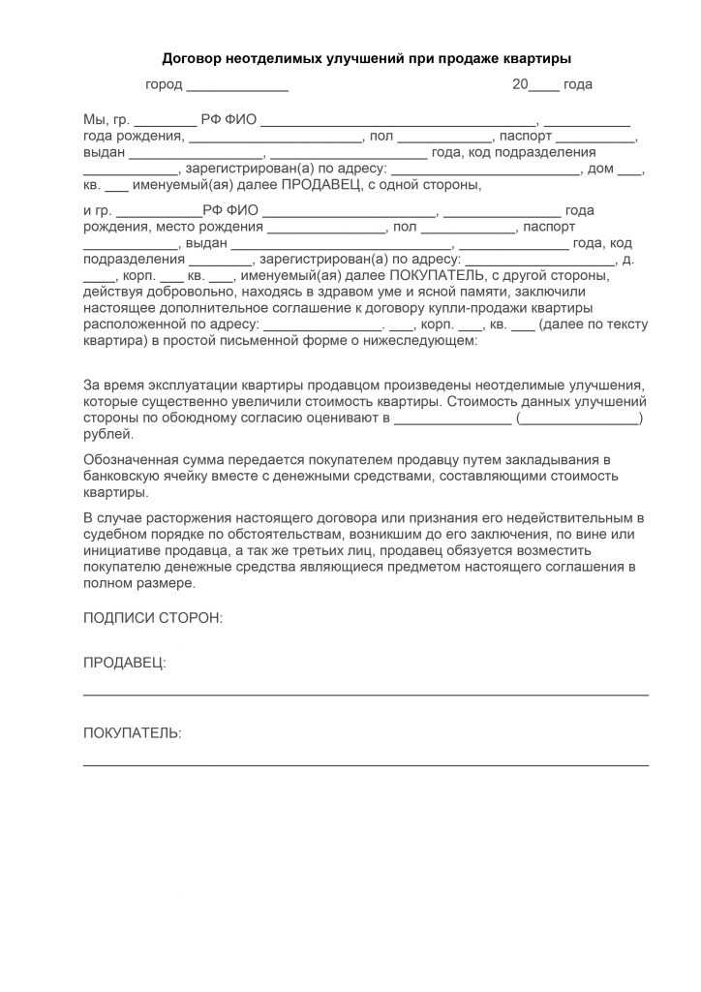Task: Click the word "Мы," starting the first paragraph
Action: [96, 120]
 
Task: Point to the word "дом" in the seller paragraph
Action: [599, 169]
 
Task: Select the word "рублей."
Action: [103, 434]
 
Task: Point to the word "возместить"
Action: [584, 550]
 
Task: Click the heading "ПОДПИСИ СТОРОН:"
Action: [153, 617]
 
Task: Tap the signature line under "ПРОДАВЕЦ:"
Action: [366, 695]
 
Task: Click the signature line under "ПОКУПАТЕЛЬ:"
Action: [366, 765]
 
